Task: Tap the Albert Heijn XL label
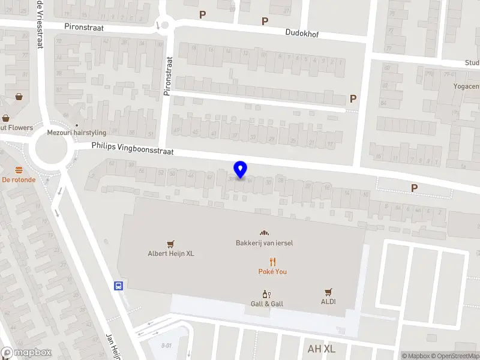(171, 253)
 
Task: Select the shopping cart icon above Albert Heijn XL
(171, 244)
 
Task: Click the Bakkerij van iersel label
(264, 242)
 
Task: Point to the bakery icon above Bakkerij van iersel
(263, 233)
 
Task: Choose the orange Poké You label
(272, 272)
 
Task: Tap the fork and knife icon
(272, 262)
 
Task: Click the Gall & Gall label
(267, 304)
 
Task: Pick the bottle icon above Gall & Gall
(267, 294)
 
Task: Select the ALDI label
(328, 302)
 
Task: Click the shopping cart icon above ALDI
(328, 292)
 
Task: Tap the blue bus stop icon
(119, 286)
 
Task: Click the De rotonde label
(19, 179)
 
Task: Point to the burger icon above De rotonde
(19, 169)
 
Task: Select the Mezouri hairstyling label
(76, 132)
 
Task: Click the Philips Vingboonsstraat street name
(132, 148)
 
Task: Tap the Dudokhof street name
(302, 34)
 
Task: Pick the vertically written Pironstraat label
(168, 76)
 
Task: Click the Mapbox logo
(26, 353)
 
